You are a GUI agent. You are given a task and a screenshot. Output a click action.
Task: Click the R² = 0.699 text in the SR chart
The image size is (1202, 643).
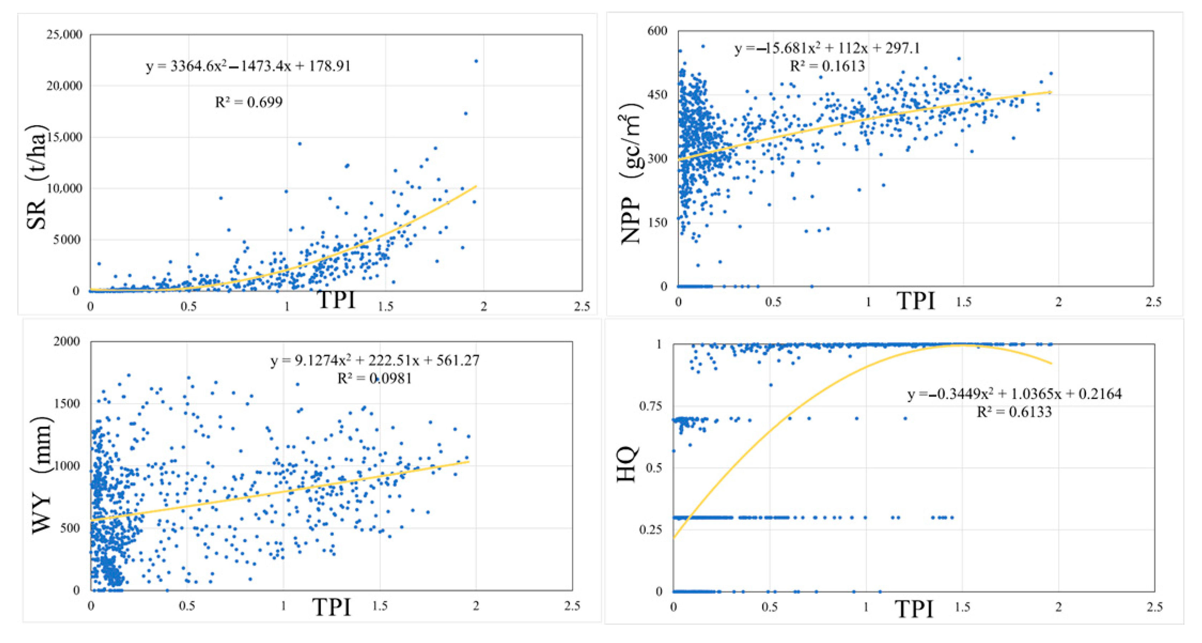[249, 102]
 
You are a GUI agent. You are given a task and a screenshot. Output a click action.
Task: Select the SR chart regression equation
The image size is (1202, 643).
[248, 66]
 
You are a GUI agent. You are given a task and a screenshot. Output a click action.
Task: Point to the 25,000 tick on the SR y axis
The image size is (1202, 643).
[64, 34]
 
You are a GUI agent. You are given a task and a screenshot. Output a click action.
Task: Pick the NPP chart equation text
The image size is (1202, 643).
[827, 48]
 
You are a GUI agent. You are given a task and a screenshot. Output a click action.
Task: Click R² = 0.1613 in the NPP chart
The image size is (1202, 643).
[827, 66]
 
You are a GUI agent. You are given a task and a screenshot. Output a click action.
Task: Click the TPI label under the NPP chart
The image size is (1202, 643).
[916, 301]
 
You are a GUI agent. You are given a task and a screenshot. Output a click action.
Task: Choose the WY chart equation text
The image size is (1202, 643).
[375, 361]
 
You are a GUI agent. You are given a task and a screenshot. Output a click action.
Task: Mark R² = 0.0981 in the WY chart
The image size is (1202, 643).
[375, 378]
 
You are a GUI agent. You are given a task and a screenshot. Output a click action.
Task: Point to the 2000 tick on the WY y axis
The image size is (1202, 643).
[66, 341]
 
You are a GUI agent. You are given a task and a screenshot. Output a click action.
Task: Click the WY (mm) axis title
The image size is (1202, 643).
[42, 474]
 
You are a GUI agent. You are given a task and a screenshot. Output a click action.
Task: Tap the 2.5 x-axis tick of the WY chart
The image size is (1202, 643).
[572, 606]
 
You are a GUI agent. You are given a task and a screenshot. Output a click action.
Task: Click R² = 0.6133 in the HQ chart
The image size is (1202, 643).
[1014, 412]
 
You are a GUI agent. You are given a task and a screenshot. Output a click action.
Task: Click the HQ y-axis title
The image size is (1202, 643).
[627, 465]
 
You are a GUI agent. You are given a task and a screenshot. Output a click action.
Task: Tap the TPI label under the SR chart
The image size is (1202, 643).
[337, 300]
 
